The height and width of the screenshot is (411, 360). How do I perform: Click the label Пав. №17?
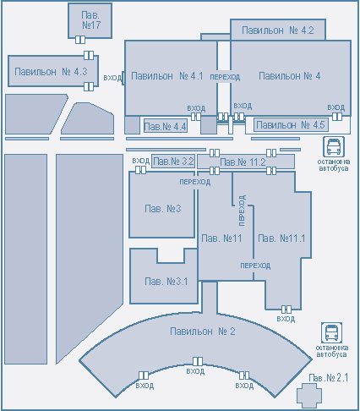91,20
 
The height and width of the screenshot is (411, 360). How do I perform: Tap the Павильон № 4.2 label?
278,30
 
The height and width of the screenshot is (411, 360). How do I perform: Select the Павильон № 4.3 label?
51,72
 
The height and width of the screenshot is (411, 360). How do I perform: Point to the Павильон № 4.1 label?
167,76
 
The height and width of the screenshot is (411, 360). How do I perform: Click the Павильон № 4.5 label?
291,124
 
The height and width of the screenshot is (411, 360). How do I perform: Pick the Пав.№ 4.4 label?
165,127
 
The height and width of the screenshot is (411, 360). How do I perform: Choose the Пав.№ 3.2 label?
173,162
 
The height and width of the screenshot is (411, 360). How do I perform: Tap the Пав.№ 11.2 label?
243,162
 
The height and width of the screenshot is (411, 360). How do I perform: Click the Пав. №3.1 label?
166,282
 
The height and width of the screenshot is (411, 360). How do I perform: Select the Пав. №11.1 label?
281,238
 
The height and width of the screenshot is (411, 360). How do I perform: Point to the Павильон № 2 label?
203,332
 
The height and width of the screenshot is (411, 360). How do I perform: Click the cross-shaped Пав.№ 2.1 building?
309,395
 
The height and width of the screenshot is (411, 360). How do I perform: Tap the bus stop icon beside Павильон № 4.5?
334,146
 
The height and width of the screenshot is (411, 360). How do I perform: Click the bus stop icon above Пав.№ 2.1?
331,333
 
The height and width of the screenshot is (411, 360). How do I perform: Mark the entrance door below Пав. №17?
80,40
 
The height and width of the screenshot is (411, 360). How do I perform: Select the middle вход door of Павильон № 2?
198,361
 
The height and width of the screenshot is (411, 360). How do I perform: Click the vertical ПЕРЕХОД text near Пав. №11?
242,210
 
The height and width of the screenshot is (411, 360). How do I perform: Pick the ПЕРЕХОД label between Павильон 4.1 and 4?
225,77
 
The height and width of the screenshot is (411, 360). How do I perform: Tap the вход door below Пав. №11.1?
286,310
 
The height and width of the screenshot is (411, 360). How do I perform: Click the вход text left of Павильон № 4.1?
112,78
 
